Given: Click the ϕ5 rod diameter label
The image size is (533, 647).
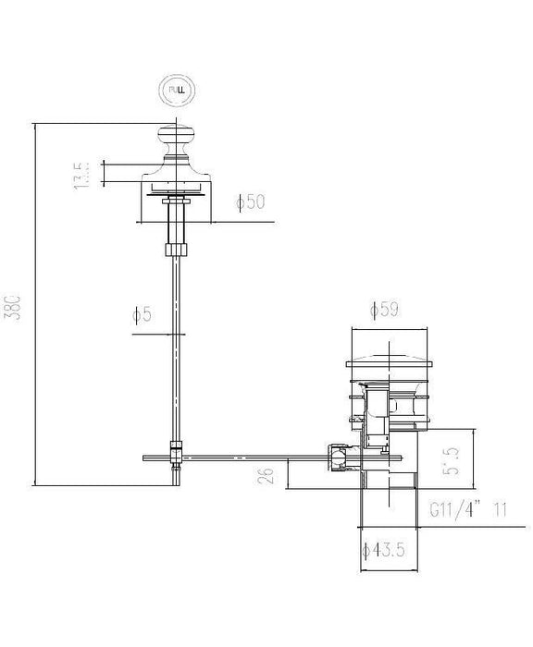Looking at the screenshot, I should click(141, 315).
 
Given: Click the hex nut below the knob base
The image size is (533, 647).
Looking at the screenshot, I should click(175, 249).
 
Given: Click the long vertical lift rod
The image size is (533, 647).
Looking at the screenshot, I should click(174, 351).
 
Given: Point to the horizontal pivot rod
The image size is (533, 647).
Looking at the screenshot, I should click(250, 456).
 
